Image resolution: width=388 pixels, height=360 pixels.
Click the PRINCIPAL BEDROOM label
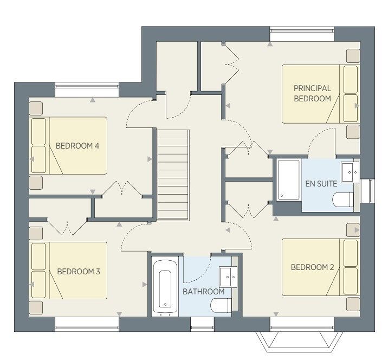(312, 93)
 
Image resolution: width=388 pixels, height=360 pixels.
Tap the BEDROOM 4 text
(77, 146)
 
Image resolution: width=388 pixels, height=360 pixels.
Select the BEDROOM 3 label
(79, 272)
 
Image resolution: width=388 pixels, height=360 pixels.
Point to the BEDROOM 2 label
(312, 267)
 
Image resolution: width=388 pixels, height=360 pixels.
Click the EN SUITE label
(321, 184)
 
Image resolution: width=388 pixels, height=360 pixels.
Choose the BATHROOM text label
(204, 292)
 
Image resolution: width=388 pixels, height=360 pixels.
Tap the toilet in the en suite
(343, 200)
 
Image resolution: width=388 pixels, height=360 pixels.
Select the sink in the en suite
(350, 172)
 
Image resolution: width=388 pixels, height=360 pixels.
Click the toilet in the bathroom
(221, 306)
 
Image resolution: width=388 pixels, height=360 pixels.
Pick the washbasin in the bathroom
(228, 277)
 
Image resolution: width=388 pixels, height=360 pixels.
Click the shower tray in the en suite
(288, 179)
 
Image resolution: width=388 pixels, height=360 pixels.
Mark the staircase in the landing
(173, 175)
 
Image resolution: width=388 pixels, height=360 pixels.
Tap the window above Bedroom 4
(87, 89)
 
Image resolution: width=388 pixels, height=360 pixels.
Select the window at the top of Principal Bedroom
(302, 34)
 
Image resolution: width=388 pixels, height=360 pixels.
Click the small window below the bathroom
(202, 324)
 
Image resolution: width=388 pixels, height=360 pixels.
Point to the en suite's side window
(367, 191)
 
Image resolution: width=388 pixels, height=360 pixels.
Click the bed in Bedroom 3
(68, 271)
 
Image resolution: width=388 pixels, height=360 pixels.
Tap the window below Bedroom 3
(87, 324)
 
